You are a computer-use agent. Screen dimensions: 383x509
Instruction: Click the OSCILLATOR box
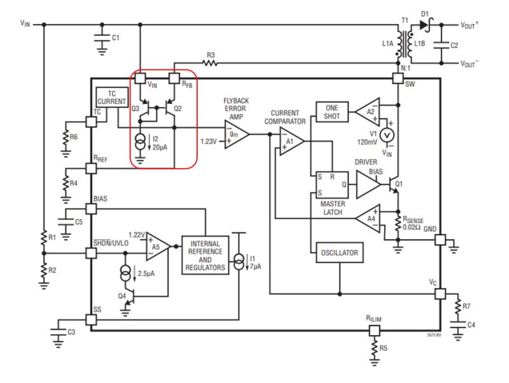coord(340,253)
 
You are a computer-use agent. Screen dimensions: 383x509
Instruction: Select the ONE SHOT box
coord(332,112)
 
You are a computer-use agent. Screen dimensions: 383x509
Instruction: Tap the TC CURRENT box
coord(112,97)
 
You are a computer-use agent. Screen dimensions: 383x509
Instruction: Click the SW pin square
coord(398,78)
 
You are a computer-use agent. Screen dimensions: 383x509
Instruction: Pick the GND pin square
coord(440,240)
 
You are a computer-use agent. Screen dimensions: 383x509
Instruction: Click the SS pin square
coord(90,319)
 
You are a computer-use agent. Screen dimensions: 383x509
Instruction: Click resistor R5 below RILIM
coord(374,348)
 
